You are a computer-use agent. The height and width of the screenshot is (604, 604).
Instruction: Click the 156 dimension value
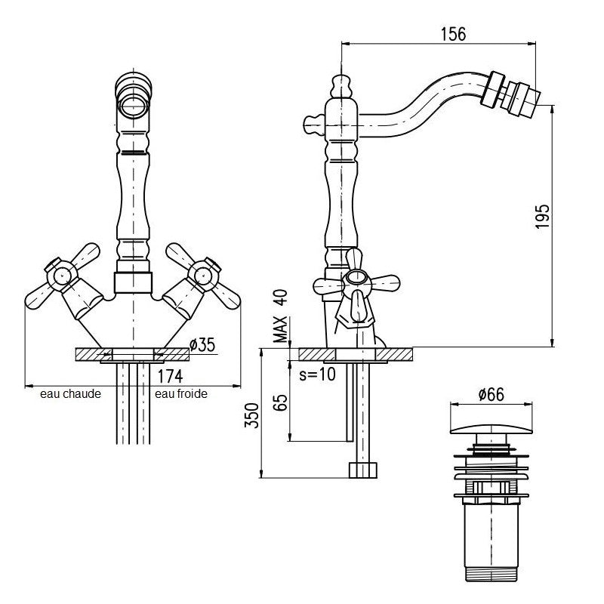coord(453,34)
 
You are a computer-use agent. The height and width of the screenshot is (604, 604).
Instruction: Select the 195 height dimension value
coord(542,216)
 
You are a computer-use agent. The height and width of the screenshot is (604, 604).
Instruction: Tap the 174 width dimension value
coord(170,376)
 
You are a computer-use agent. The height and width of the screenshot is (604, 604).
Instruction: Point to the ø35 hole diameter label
coord(202,345)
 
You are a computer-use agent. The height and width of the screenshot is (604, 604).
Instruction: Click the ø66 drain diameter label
coord(492,394)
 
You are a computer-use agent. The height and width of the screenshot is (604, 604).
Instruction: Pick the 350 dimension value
coord(252,415)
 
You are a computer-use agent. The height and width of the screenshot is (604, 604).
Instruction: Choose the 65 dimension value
coord(282,402)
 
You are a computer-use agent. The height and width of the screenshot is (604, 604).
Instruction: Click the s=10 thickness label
coord(317,374)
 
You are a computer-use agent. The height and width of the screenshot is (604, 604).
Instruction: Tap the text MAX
coord(280,329)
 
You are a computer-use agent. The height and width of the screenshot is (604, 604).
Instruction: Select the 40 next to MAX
coord(280,297)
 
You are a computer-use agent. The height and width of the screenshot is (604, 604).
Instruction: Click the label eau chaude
coord(70,393)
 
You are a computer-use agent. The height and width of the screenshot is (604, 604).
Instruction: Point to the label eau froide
coord(181,393)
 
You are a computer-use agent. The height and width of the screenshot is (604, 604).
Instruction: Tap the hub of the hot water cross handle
coord(62,276)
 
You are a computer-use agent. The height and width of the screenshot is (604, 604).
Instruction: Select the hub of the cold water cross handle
coord(202,276)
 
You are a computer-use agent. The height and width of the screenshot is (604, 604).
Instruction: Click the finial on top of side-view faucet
coord(341,86)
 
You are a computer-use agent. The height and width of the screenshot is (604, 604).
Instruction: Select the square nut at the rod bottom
coord(363,470)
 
